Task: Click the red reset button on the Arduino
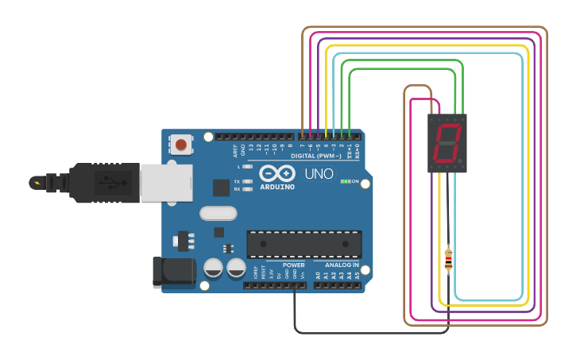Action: [x=181, y=145]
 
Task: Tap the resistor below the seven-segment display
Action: [x=448, y=257]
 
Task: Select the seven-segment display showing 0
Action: [x=447, y=143]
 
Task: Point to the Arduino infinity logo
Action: [x=276, y=172]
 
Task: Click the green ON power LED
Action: [x=345, y=181]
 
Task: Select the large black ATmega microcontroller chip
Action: [x=304, y=244]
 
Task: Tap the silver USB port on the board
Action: [x=166, y=182]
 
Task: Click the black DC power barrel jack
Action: [x=173, y=271]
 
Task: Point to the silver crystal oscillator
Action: [x=218, y=213]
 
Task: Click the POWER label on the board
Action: [x=293, y=265]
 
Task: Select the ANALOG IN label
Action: [x=342, y=265]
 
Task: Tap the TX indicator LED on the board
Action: [x=248, y=182]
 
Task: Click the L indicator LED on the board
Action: [x=248, y=167]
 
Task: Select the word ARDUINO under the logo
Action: [x=276, y=187]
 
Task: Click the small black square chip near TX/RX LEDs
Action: [x=221, y=188]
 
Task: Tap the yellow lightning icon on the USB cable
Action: [x=36, y=183]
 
